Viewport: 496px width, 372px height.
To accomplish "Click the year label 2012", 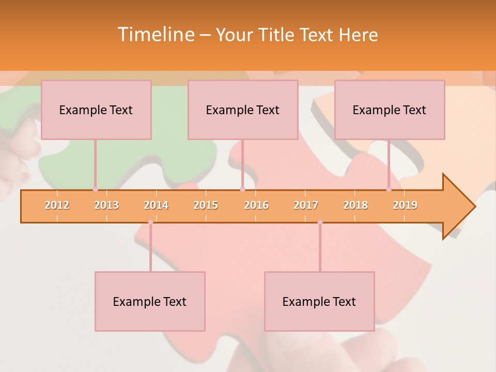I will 57,205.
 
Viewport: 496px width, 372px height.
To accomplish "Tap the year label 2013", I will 106,205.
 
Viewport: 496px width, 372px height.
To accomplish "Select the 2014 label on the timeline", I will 156,205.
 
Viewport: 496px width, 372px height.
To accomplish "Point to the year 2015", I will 206,205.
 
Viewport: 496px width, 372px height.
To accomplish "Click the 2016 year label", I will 256,205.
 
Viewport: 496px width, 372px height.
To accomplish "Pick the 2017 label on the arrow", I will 306,205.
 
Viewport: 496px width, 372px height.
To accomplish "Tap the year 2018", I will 355,205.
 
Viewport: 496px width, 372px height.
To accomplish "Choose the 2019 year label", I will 405,205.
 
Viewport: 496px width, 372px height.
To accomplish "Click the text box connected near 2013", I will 96,110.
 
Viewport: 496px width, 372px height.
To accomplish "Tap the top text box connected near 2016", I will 243,110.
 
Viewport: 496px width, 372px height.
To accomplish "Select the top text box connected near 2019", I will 390,110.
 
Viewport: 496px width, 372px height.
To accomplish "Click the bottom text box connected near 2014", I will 150,301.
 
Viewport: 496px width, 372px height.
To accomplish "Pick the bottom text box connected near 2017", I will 319,301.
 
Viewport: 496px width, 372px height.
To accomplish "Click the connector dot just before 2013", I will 95,189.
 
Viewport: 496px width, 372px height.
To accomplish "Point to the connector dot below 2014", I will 150,222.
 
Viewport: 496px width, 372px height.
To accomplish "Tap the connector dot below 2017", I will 320,222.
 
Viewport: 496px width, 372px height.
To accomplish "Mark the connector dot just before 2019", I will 389,189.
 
